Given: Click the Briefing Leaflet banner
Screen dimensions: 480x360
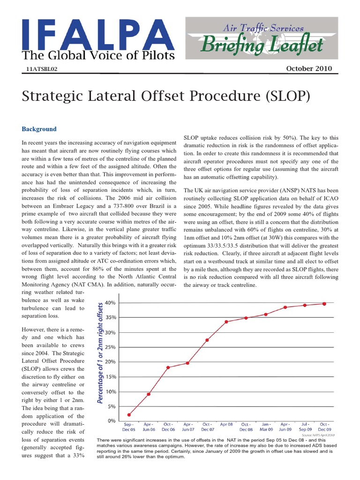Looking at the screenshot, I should click(262, 45).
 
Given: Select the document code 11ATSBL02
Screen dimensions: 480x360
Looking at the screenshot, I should click(42, 69).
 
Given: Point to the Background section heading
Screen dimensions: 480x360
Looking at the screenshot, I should click(39, 129).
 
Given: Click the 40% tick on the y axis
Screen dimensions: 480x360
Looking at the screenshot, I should click(110, 303).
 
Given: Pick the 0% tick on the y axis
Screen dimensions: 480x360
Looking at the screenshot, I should click(112, 421).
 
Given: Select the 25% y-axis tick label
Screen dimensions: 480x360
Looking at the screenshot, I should click(110, 347).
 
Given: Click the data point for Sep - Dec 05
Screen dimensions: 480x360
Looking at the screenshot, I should click(129, 414).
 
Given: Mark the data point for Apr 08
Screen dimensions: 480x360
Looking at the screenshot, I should click(226, 322).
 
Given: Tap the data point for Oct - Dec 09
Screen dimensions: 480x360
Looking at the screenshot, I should click(324, 304).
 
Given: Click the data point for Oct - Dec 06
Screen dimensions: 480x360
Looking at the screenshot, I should click(168, 367).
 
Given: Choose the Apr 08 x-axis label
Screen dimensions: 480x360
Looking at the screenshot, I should click(226, 424).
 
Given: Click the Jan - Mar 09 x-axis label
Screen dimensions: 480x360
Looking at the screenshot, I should click(266, 427).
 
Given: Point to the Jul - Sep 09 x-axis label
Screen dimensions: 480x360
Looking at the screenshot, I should click(305, 427).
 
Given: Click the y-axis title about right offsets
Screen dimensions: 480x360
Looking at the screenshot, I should click(100, 352).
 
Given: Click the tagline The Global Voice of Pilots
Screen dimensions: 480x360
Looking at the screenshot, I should click(98, 56).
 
